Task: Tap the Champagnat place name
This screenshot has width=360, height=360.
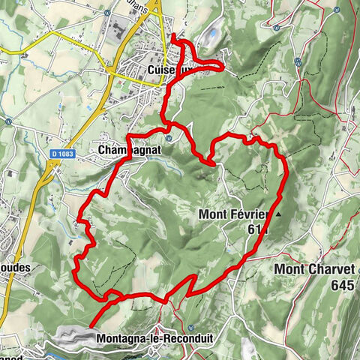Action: [129, 150]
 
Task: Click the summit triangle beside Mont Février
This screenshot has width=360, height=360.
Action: [278, 214]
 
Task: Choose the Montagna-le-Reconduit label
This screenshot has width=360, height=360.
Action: [154, 339]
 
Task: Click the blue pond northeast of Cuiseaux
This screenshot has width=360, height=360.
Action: [212, 34]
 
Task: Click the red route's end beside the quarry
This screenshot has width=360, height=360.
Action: [91, 327]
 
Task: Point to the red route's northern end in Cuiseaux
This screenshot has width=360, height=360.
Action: [173, 36]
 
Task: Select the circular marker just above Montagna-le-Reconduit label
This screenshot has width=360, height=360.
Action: [193, 328]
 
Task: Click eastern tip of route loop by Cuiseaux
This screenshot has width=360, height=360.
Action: [223, 66]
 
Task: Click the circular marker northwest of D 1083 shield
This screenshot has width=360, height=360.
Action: [7, 121]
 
